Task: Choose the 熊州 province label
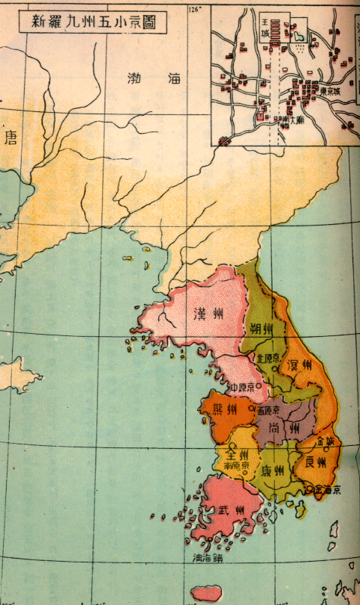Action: (x=225, y=410)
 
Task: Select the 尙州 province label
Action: (x=283, y=428)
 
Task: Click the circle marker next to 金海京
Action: (x=309, y=490)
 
